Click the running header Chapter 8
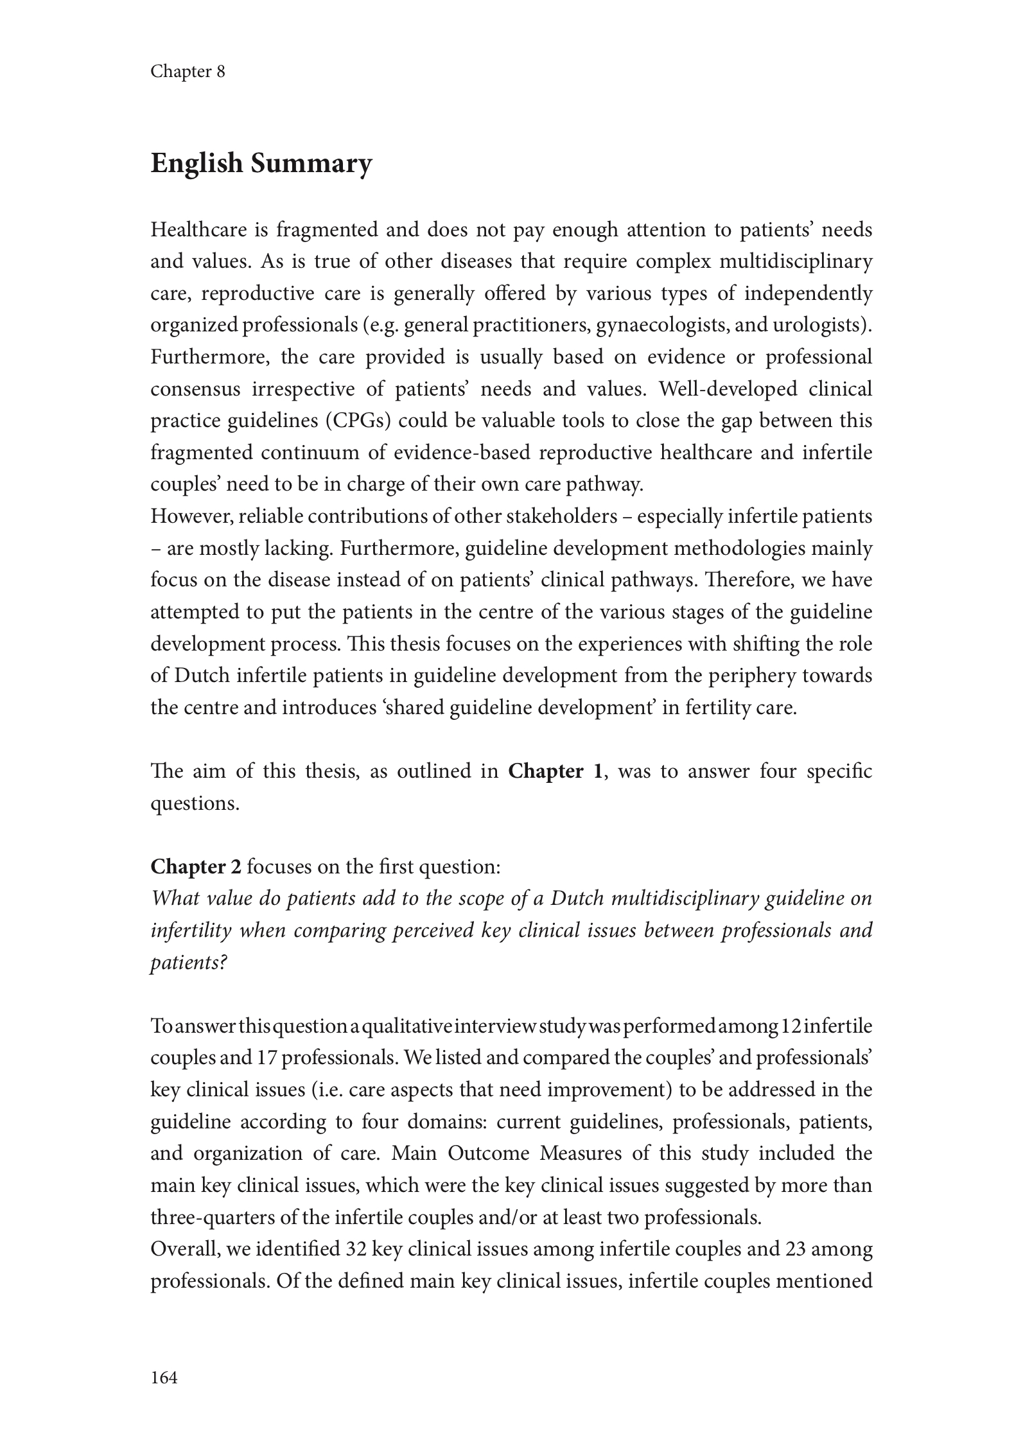coord(188,71)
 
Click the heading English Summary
coord(261,164)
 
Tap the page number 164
coord(164,1377)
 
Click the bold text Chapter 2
coord(196,867)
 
